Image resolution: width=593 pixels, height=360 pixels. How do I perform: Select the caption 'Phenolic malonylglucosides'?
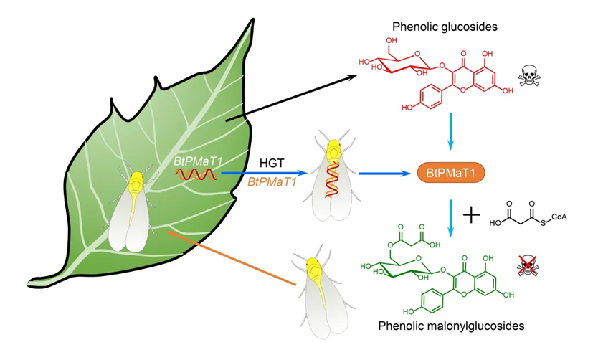pyautogui.click(x=452, y=326)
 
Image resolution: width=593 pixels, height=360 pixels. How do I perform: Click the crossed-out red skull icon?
pyautogui.click(x=528, y=267)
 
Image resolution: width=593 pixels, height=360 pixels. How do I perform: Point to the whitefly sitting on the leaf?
pyautogui.click(x=135, y=209)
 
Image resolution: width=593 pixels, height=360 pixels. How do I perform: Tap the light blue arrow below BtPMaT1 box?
pyautogui.click(x=450, y=215)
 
